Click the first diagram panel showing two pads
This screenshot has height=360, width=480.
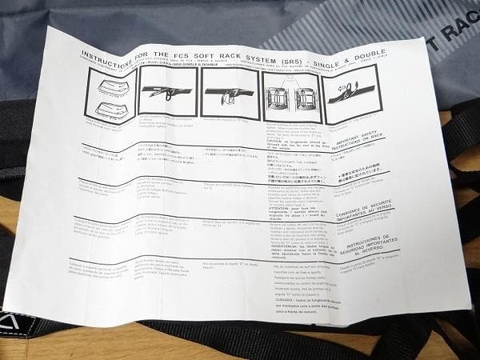click(x=108, y=97)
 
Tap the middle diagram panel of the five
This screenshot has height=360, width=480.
click(x=230, y=95)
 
